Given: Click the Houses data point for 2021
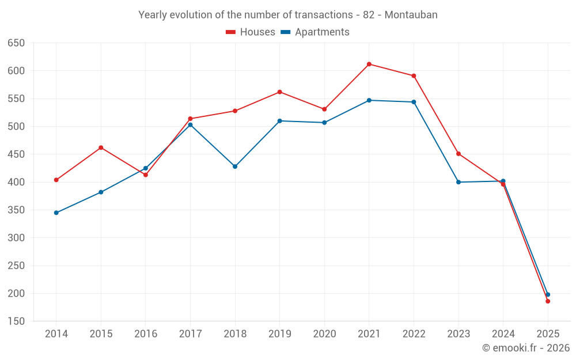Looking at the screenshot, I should tap(369, 64).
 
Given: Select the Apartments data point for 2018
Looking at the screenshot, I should tap(235, 166).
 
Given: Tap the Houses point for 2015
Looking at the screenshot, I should tap(101, 147).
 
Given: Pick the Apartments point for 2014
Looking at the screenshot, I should tap(56, 213).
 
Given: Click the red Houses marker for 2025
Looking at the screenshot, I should tap(548, 301).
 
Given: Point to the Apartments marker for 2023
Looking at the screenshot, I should tap(458, 182).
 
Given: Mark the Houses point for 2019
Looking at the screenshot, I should tap(280, 92).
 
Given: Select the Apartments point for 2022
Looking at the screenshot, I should tap(414, 102).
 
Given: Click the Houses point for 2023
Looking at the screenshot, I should tap(458, 154).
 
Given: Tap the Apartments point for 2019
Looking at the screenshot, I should tap(280, 121).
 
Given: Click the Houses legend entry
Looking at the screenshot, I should tap(251, 32).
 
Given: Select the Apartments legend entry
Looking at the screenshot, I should tap(315, 32).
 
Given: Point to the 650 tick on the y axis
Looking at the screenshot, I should tap(16, 43).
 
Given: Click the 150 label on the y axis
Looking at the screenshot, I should tap(16, 321).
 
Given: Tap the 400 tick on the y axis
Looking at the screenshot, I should tap(16, 182).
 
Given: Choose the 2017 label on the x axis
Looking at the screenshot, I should tap(190, 334).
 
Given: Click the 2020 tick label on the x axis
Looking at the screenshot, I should tap(324, 334).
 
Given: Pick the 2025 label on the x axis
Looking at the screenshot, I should tap(548, 334).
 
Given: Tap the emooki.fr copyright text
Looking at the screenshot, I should tap(526, 348).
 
